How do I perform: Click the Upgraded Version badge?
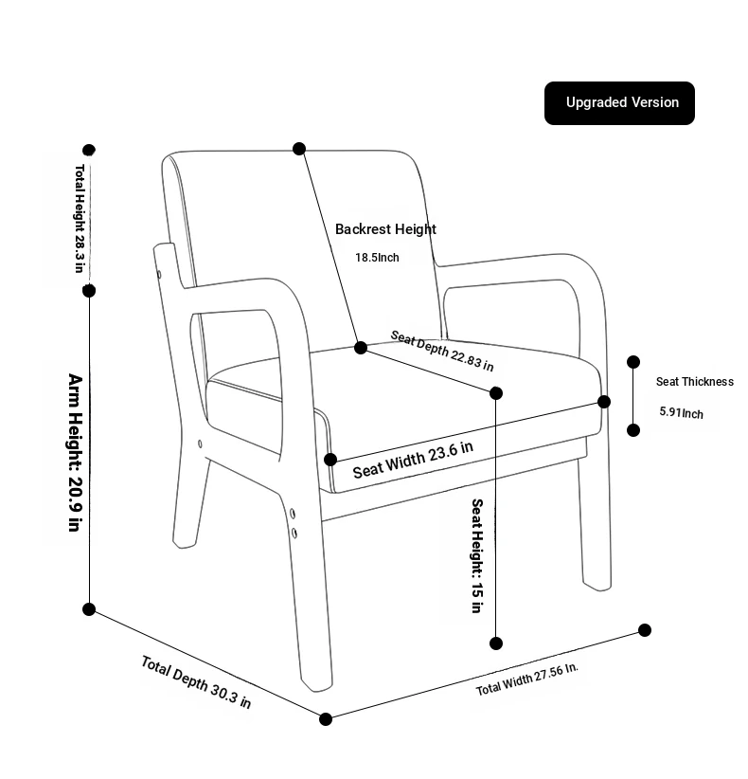point(619,103)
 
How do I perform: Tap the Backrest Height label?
point(385,229)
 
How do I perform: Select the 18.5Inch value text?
point(377,258)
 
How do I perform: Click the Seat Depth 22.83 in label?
point(442,352)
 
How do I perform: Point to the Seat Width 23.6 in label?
point(413,460)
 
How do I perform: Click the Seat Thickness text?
point(694,382)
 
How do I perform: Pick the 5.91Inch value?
point(681,413)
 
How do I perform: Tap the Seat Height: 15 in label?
point(477,556)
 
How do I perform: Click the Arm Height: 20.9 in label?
point(75,453)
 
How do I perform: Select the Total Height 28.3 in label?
point(80,219)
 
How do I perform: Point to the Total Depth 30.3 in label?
point(196,681)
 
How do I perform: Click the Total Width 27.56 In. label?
point(527,679)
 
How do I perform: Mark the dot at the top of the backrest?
point(299,149)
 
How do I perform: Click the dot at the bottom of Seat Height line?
point(496,643)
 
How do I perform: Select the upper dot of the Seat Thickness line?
point(633,362)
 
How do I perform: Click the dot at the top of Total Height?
point(89,150)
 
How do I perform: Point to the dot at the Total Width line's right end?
point(645,630)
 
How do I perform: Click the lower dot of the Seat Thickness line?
point(633,430)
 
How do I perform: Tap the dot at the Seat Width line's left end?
point(330,460)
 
